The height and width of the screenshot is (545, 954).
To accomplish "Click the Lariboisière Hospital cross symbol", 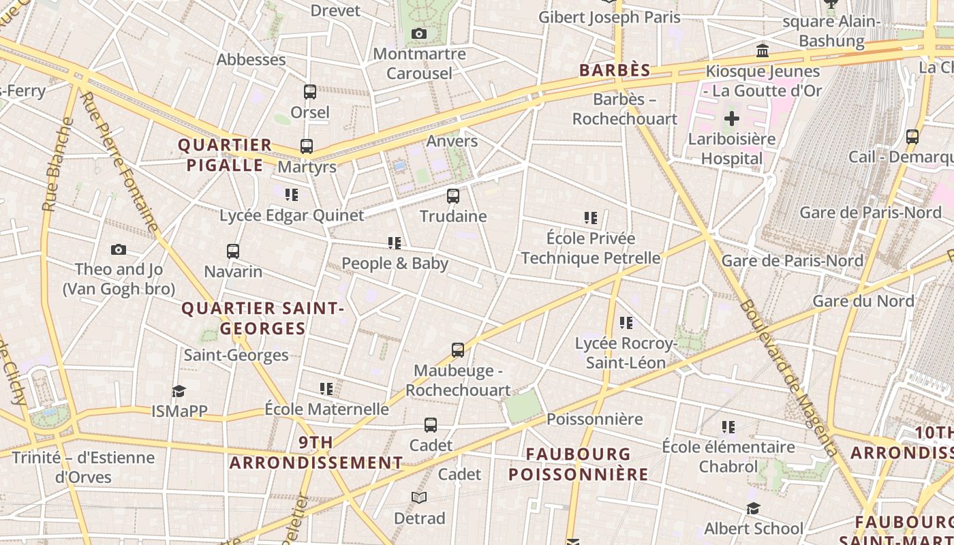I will (731, 119).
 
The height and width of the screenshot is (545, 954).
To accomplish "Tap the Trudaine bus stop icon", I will (453, 196).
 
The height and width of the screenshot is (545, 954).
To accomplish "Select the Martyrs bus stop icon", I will (307, 146).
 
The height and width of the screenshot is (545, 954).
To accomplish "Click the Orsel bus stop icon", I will (310, 92).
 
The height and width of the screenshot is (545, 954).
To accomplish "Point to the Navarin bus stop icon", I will (233, 251).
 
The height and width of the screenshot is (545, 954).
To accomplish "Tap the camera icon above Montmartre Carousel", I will (419, 34).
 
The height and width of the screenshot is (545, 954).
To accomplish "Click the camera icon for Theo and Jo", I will (119, 250).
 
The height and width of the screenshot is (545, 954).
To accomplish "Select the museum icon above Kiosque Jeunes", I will (763, 51).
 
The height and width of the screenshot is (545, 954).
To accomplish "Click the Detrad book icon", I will (419, 498).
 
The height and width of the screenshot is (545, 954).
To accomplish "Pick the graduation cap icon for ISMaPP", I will (179, 391).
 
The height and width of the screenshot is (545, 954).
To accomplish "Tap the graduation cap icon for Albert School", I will (753, 509).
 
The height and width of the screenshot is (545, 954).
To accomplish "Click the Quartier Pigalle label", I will (225, 155).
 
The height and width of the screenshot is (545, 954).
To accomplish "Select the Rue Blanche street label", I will (57, 164).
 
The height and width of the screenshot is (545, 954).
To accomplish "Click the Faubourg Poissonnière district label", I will (579, 464).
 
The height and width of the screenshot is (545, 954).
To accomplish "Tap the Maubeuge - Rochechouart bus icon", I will (458, 350).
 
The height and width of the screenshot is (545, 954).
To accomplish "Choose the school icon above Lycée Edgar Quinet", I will (292, 195).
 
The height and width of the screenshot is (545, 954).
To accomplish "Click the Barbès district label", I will (615, 70).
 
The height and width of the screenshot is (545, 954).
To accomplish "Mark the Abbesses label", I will (251, 60).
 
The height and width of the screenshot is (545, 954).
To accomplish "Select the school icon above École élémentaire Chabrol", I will (728, 427).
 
